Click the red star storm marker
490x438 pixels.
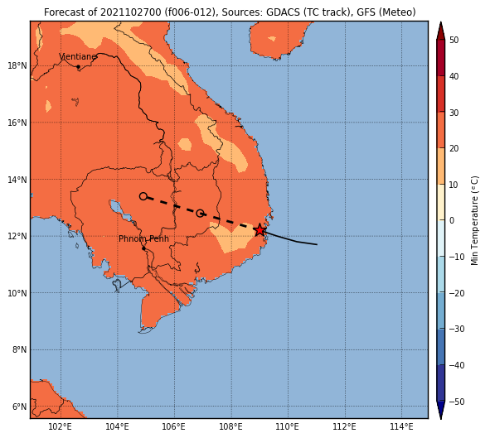tap(260, 230)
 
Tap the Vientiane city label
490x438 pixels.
tap(78, 57)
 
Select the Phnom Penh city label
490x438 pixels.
tap(143, 239)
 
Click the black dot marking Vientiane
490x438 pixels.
tap(78, 66)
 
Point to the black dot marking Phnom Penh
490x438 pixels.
tap(143, 248)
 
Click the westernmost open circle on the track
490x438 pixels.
tap(143, 196)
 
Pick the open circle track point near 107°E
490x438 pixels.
tap(200, 214)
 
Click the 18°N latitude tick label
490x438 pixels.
tap(17, 66)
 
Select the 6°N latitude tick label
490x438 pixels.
tap(19, 407)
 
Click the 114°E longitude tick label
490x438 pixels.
tap(401, 426)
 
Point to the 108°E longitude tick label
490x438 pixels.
tap(231, 426)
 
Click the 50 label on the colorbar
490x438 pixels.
tap(454, 40)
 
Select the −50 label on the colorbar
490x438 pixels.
tap(457, 402)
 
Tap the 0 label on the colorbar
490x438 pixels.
tap(452, 220)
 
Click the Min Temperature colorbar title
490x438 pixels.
tap(475, 220)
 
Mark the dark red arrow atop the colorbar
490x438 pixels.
tap(440, 31)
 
